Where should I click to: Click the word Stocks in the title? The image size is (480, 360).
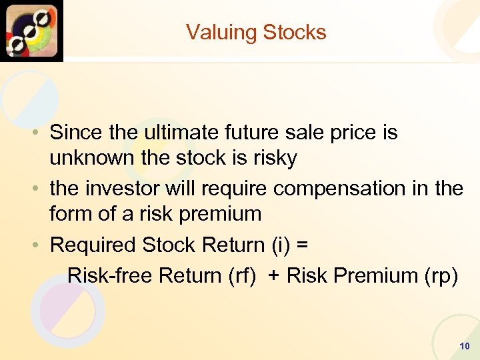(295, 33)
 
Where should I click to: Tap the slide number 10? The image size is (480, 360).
(465, 346)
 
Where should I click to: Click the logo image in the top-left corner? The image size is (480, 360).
(31, 31)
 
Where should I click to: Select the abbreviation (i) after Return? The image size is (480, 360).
(280, 245)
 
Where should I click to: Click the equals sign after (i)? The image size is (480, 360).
(302, 245)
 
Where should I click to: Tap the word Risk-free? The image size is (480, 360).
(111, 275)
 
